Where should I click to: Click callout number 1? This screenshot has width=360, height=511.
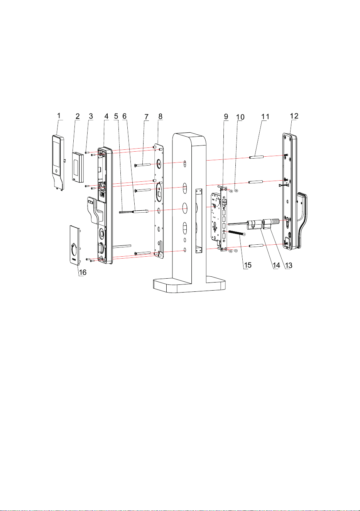[x=59, y=115]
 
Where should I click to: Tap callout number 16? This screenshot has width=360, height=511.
[x=83, y=272]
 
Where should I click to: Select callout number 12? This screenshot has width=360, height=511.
[x=294, y=116]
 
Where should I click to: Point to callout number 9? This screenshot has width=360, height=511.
[x=226, y=116]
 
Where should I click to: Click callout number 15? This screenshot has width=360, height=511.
[x=248, y=265]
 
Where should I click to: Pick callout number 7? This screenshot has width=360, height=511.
[x=147, y=117]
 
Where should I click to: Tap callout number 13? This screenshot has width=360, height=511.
[x=289, y=265]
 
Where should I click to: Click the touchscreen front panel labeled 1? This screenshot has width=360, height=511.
[x=58, y=162]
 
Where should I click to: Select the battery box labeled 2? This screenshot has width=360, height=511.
[x=78, y=167]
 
